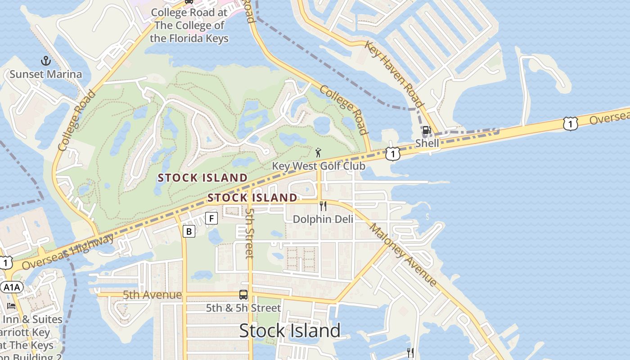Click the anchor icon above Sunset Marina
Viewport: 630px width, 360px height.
point(45,61)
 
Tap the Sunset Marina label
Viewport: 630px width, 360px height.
point(46,74)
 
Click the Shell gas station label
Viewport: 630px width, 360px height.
point(427,143)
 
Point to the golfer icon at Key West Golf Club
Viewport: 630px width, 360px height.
point(319,153)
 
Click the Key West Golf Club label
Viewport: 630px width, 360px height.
point(319,166)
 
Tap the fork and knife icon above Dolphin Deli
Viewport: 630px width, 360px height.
point(323,206)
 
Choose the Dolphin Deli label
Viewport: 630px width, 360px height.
point(323,219)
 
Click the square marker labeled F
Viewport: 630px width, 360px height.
point(211,219)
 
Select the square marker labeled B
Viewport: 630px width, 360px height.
point(189,232)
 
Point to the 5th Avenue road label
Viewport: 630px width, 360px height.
point(152,295)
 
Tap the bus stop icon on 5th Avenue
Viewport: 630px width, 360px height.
point(243,295)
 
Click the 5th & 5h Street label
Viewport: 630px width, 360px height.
point(243,308)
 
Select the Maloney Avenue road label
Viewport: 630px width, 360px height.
point(403,255)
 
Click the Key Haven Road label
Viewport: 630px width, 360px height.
point(394,74)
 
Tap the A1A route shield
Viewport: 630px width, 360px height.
point(11,287)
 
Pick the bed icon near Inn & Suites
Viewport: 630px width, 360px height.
point(11,306)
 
